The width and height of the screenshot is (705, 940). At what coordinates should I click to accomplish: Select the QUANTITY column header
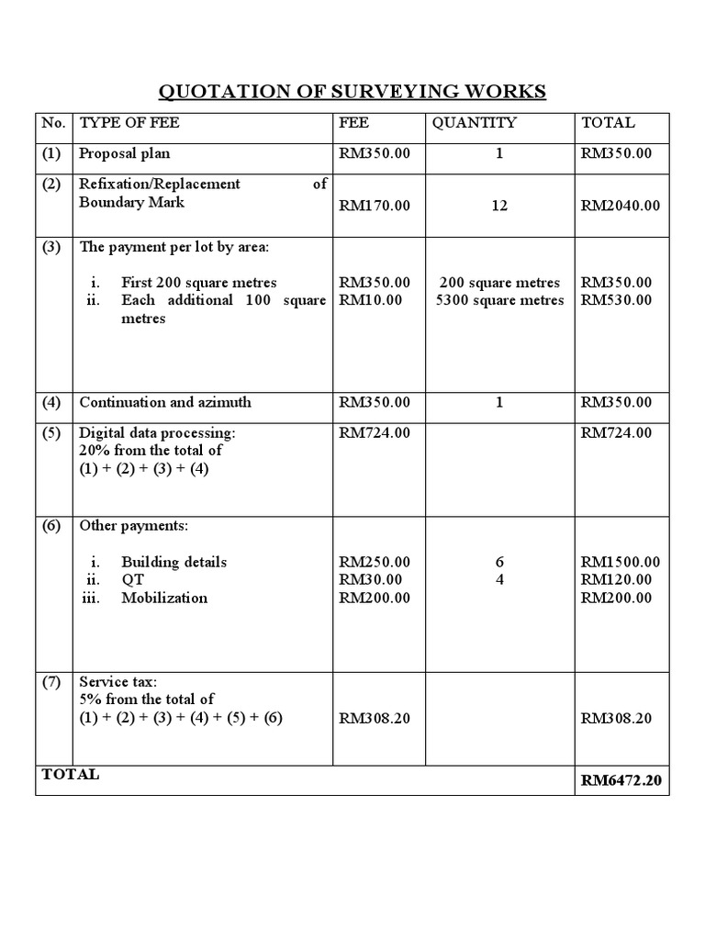(474, 123)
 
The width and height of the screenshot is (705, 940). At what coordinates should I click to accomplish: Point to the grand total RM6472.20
(624, 781)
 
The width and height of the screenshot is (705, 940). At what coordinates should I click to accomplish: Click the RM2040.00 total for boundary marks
(621, 206)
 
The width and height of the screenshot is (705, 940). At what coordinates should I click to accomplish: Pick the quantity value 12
(498, 206)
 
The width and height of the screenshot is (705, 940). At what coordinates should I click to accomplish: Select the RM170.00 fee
(375, 206)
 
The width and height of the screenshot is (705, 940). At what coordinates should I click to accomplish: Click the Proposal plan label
(124, 153)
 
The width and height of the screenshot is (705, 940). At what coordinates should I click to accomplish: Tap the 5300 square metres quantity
(500, 300)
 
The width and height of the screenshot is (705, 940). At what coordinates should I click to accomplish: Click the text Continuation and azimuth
(165, 402)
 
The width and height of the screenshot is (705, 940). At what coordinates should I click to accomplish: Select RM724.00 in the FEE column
(375, 432)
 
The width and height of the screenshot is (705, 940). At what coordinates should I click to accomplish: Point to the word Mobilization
(164, 598)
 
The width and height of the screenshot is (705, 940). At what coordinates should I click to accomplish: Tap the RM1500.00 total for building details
(621, 562)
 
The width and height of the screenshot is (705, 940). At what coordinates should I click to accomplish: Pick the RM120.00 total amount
(617, 579)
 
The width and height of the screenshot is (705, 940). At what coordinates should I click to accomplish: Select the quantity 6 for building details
(499, 562)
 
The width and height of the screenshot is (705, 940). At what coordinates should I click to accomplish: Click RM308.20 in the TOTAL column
(617, 718)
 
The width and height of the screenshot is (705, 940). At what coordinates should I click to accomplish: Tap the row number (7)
(51, 682)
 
